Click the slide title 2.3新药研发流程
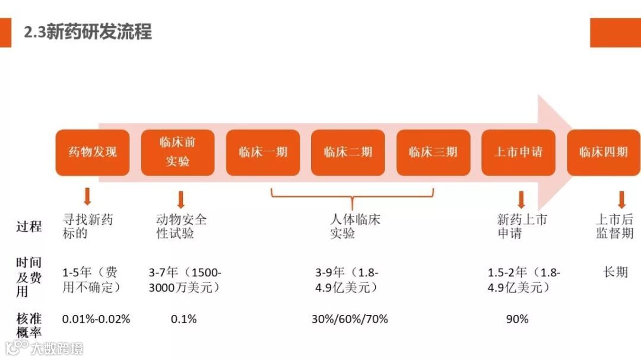tap(88, 31)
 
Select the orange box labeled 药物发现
tap(93, 152)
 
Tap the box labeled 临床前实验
tap(177, 152)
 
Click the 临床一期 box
tap(263, 152)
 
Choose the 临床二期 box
tap(348, 152)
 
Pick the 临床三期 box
tap(433, 152)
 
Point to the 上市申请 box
tap(518, 152)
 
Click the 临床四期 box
tap(603, 152)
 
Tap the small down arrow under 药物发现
tap(88, 196)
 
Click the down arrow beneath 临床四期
tap(621, 199)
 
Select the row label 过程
tap(29, 226)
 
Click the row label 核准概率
tap(29, 326)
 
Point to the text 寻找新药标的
tap(87, 227)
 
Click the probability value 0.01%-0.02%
tap(96, 319)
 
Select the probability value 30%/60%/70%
tap(350, 319)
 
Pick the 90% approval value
tap(517, 319)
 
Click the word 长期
tap(615, 272)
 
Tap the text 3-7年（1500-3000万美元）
tap(185, 280)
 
